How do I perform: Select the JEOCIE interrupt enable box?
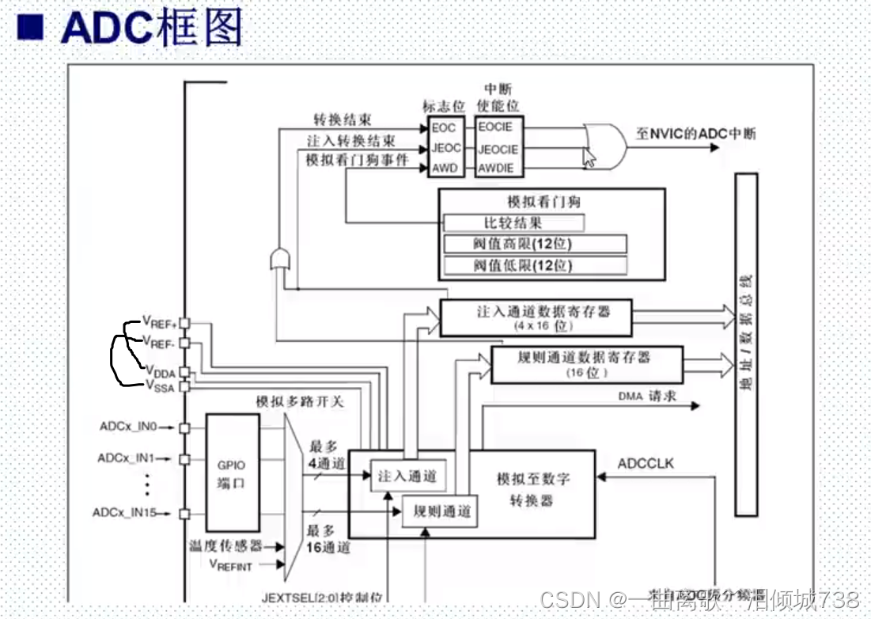(x=498, y=149)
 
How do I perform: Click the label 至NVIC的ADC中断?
(x=695, y=133)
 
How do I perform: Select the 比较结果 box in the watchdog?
(x=513, y=222)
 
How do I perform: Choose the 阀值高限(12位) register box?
(x=535, y=244)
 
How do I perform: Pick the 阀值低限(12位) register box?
(x=535, y=265)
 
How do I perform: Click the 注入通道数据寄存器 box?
(x=536, y=317)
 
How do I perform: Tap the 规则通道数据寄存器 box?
(x=586, y=364)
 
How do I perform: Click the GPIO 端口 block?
(x=232, y=473)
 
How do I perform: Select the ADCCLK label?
(x=646, y=463)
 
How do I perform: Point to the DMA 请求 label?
(x=647, y=396)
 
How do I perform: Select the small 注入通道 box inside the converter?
(x=407, y=476)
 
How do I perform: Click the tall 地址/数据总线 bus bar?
(x=746, y=344)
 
